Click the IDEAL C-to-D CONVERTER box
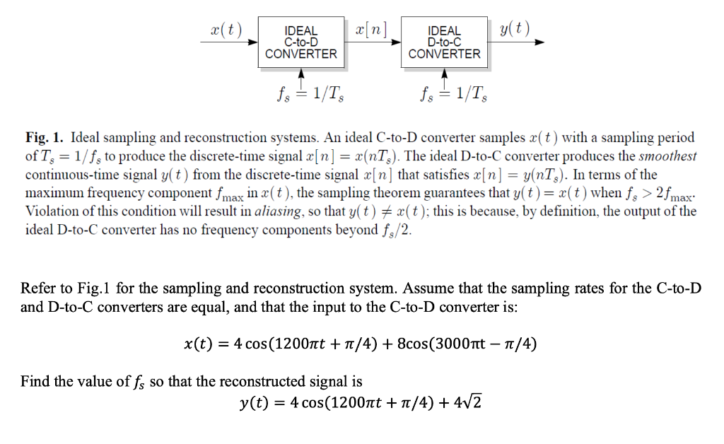[301, 43]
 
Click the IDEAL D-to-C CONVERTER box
[444, 43]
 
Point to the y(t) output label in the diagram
[514, 30]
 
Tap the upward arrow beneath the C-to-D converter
[302, 76]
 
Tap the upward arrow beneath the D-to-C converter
[445, 76]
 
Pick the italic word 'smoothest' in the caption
[667, 156]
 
